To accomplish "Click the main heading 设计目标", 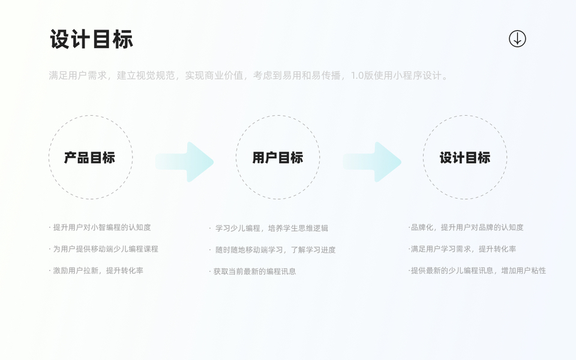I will click(91, 40).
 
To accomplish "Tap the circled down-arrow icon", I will click(517, 39).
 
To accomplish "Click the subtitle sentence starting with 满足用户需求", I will click(248, 76).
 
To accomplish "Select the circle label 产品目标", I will click(90, 158).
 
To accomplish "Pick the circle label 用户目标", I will click(278, 158).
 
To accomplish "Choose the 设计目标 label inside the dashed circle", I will click(465, 158).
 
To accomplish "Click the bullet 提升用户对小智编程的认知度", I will click(100, 227).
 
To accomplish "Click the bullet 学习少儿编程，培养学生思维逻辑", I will click(271, 229).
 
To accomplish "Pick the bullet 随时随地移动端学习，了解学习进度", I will click(274, 250).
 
